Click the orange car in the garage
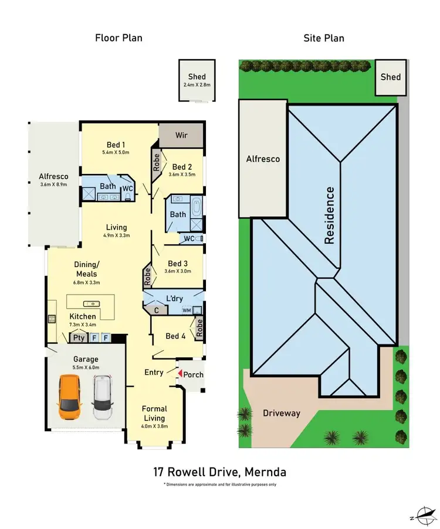[69, 397]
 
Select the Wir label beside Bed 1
[181, 135]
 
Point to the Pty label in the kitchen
[77, 337]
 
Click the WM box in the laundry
[187, 310]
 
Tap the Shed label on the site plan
[391, 77]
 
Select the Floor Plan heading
[119, 38]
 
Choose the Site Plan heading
[323, 38]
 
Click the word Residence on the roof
[330, 215]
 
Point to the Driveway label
[282, 413]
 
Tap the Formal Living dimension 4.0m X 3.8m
[154, 426]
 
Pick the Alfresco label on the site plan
[262, 159]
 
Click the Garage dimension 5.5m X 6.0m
[85, 367]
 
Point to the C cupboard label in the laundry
[156, 310]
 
